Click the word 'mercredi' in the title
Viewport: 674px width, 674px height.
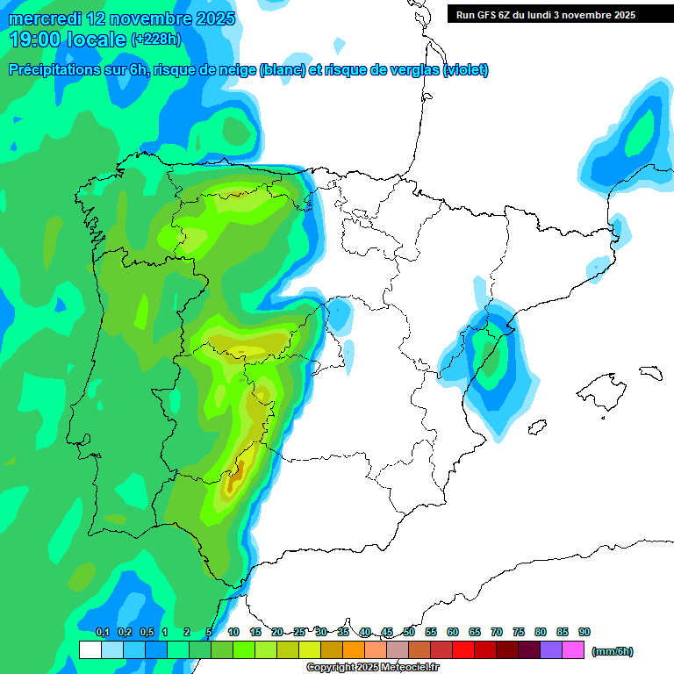(x=45, y=18)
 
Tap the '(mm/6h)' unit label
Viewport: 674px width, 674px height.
(x=612, y=651)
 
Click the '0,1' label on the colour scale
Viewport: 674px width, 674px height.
(x=103, y=632)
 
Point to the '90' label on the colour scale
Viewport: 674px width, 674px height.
(x=584, y=632)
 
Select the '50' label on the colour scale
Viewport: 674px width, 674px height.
(x=409, y=632)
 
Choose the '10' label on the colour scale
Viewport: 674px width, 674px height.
(x=233, y=632)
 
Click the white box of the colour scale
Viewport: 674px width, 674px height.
(x=90, y=649)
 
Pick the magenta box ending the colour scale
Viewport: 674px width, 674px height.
(x=573, y=649)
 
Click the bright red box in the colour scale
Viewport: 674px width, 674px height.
(x=463, y=649)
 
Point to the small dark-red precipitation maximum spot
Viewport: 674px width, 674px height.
(x=232, y=480)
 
